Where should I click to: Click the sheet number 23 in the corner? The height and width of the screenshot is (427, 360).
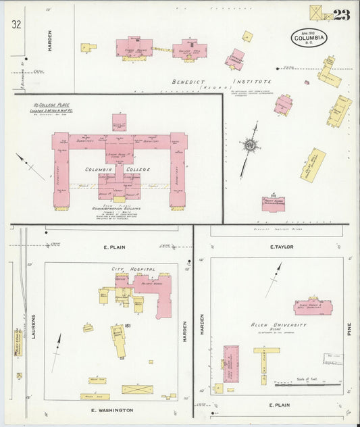click(341, 16)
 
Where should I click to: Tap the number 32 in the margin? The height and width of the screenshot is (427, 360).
click(16, 24)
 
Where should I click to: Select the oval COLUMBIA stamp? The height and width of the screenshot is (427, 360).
click(309, 38)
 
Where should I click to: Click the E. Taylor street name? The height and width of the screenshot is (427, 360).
click(282, 247)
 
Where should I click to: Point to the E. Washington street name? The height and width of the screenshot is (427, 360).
click(112, 410)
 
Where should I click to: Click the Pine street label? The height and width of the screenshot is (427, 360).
click(351, 329)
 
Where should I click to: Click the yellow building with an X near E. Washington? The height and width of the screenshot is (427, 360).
click(137, 390)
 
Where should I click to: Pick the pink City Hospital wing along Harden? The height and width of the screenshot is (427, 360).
click(163, 297)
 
